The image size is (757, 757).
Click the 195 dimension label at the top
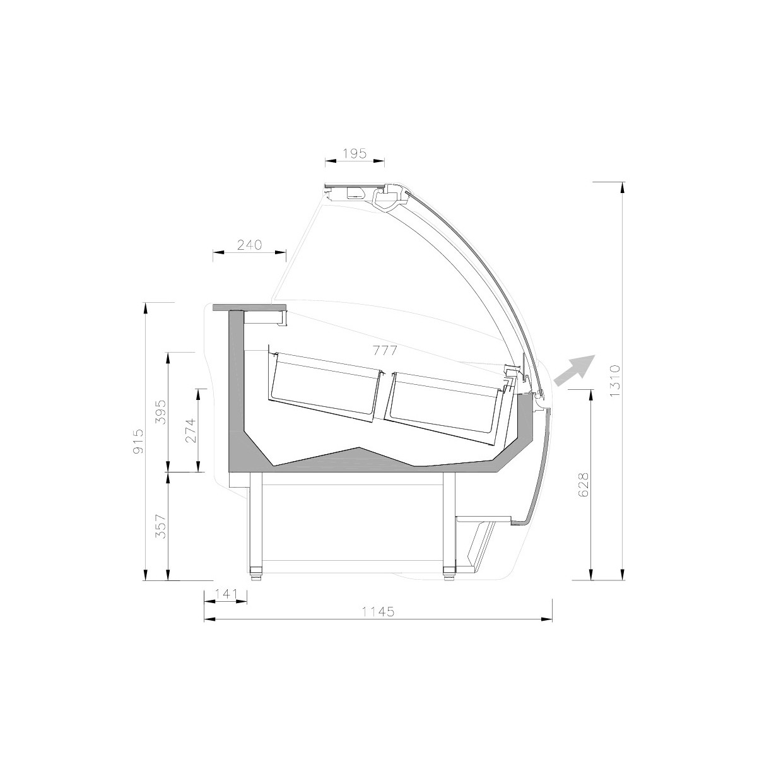(x=355, y=153)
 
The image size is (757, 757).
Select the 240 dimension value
(x=249, y=245)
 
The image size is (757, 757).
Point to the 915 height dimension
(x=139, y=441)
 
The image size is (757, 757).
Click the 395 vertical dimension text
(x=161, y=412)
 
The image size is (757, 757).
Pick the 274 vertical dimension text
(x=191, y=430)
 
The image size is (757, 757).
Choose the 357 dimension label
(x=161, y=526)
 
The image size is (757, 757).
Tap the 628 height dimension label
(x=584, y=484)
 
